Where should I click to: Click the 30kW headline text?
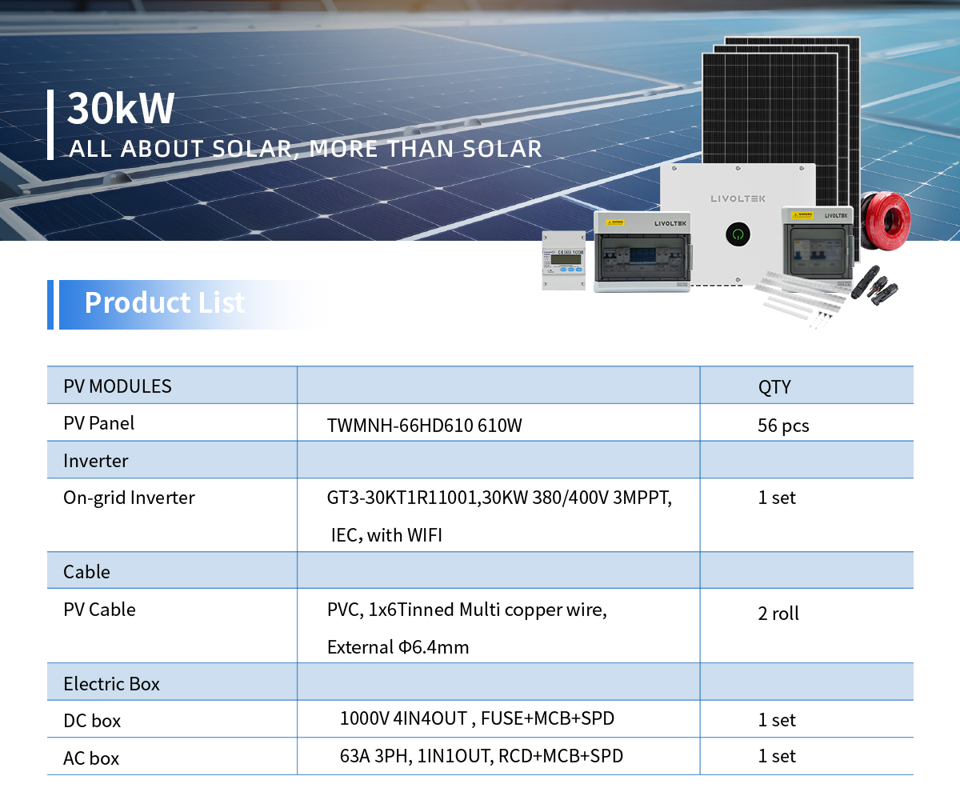click(x=121, y=108)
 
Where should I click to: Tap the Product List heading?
click(x=165, y=302)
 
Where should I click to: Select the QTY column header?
click(x=774, y=386)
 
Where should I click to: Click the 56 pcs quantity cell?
click(x=783, y=426)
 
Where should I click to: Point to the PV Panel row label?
click(x=99, y=423)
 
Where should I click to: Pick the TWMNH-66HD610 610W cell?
click(x=424, y=426)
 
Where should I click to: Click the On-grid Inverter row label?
click(x=129, y=498)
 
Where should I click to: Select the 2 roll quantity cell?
click(x=778, y=614)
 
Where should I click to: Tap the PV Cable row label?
click(x=99, y=610)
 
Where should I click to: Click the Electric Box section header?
click(x=111, y=684)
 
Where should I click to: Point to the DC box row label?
click(x=92, y=721)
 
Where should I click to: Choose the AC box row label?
click(x=91, y=758)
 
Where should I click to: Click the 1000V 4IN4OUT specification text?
click(x=477, y=718)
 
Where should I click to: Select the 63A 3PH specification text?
click(x=482, y=756)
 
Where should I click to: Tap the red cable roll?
click(x=886, y=221)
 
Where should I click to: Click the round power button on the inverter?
click(x=738, y=234)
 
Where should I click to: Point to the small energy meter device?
click(x=564, y=260)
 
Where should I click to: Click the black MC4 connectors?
click(x=874, y=285)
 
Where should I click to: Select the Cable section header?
click(x=86, y=572)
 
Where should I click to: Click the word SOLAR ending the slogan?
click(x=502, y=149)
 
